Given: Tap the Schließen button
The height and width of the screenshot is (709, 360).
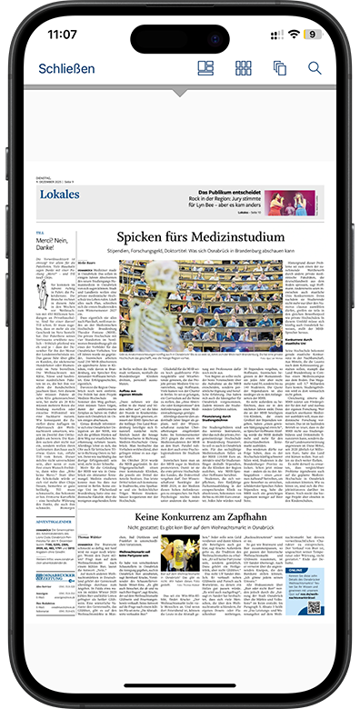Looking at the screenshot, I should (66, 69).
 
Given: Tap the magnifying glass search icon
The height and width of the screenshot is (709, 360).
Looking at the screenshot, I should (315, 68).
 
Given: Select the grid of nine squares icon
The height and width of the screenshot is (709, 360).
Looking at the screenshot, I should (244, 68).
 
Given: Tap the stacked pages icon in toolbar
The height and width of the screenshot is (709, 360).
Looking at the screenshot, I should (279, 68).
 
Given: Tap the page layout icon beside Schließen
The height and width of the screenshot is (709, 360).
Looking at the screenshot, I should (205, 68).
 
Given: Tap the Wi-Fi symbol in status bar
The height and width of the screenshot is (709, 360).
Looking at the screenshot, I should (293, 34).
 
